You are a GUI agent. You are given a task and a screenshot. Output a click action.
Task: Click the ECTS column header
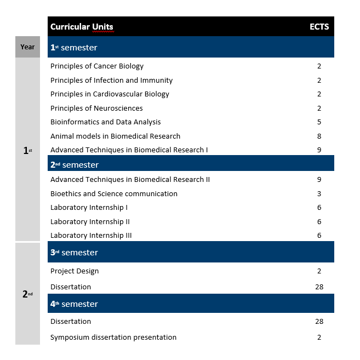pos(319,27)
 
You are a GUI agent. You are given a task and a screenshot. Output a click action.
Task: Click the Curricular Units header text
pos(82,27)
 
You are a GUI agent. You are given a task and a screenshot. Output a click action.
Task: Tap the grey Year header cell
pos(27,47)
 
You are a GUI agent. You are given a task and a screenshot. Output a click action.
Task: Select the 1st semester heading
pos(74,48)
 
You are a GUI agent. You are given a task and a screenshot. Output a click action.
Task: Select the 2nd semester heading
pos(75,165)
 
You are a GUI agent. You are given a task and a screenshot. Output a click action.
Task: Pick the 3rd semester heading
pos(74,253)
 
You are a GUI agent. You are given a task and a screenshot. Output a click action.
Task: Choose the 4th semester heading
pos(74,304)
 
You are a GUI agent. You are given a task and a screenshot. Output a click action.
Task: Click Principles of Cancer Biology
pos(97,66)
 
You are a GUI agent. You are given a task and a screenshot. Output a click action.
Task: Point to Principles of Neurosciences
pos(96,108)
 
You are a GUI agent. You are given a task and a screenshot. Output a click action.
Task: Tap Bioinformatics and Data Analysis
pos(106,122)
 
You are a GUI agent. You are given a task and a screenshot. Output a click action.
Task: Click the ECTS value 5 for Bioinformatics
pos(319,122)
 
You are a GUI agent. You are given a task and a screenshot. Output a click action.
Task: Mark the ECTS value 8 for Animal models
pos(319,136)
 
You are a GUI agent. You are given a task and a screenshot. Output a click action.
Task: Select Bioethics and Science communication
pos(114,194)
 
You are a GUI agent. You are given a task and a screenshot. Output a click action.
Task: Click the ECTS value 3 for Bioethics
pos(319,194)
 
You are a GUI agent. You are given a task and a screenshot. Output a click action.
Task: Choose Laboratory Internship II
pos(90,222)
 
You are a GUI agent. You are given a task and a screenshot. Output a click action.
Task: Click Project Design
pos(75,271)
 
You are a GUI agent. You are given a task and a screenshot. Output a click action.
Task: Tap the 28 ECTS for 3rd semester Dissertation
pos(319,287)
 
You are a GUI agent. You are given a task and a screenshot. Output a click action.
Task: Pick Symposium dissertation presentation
pos(113,338)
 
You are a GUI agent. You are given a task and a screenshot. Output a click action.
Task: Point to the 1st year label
pos(27,151)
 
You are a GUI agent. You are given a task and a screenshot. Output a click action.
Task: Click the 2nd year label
pos(27,294)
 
